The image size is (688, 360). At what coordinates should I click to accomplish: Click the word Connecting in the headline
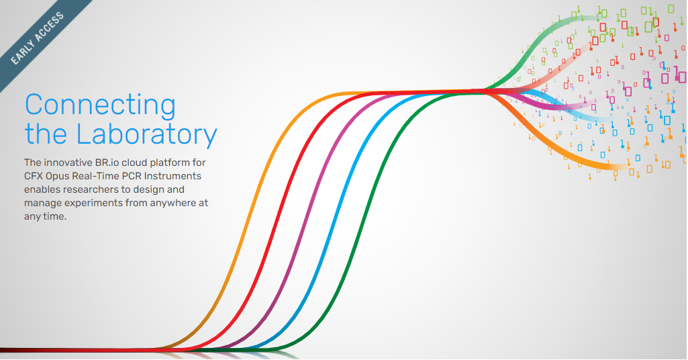[101, 105]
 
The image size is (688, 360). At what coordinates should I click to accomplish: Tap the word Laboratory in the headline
[147, 134]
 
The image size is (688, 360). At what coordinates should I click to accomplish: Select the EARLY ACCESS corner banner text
[38, 38]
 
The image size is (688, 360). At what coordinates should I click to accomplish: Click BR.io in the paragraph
[107, 163]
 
